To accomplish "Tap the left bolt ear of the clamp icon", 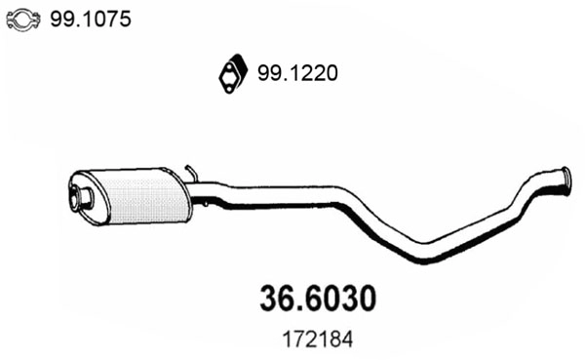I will click(11, 19).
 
